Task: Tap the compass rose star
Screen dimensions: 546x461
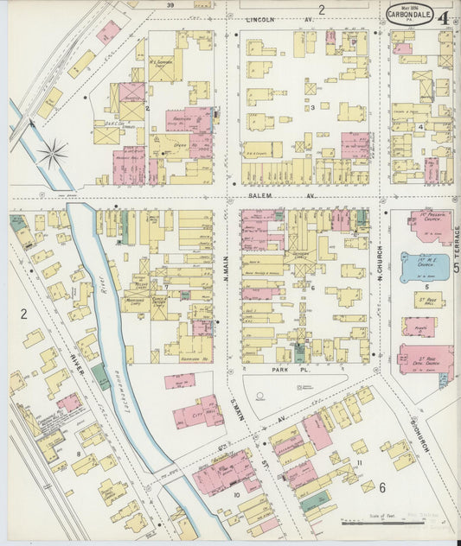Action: tap(52, 155)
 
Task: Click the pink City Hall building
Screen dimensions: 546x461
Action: tap(198, 412)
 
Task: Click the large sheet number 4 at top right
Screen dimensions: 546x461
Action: tap(442, 18)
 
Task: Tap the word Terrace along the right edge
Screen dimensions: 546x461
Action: tap(455, 241)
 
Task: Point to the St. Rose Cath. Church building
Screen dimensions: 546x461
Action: tap(425, 359)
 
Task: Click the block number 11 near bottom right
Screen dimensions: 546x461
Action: tap(358, 465)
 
